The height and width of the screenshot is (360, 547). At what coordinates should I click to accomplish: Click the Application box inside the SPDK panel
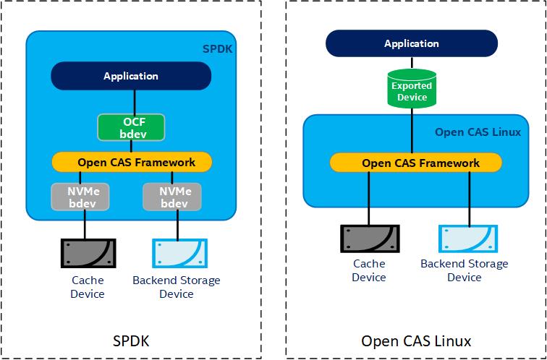(x=130, y=76)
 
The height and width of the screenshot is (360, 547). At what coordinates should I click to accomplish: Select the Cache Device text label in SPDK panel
(x=88, y=287)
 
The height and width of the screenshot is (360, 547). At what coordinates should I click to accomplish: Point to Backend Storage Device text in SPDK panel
(x=177, y=287)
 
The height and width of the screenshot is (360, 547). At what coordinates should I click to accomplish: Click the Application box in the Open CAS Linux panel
(x=411, y=43)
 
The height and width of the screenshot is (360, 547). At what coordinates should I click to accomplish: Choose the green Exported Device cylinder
(x=411, y=89)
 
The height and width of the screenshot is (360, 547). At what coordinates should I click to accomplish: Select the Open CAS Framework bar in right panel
(x=415, y=163)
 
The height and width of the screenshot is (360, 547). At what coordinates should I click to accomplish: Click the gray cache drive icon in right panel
(x=369, y=239)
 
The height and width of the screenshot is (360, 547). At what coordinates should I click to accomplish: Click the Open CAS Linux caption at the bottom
(x=416, y=340)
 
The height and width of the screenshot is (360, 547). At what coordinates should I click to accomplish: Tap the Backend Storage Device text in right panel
(x=464, y=270)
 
